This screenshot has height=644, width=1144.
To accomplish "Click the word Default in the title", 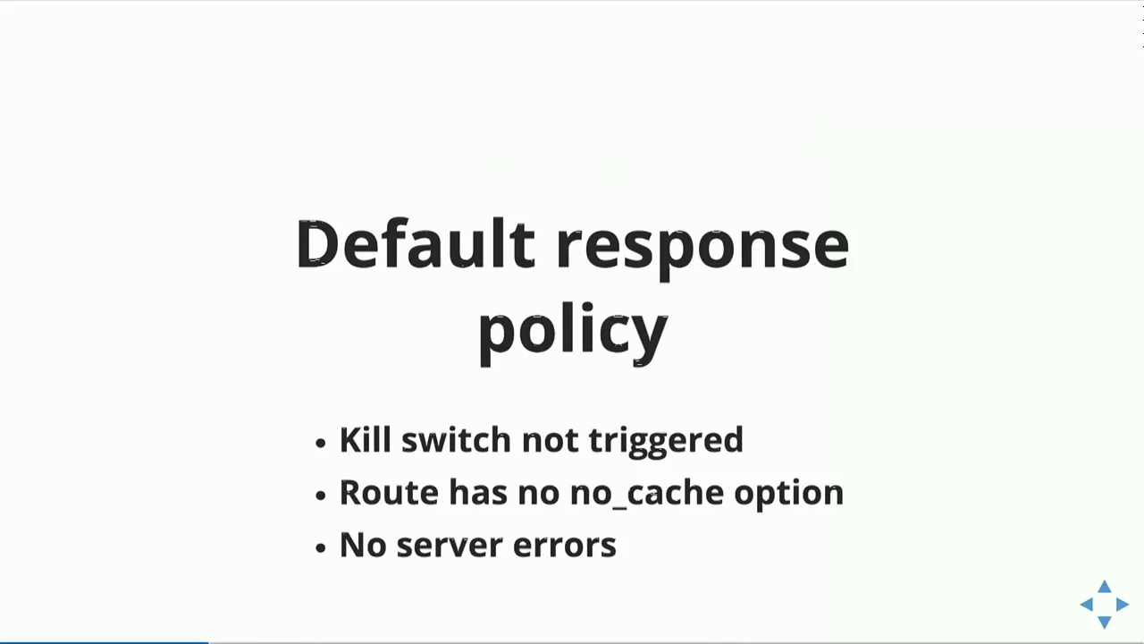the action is coord(416,243).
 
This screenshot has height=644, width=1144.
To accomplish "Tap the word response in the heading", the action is coord(702,250).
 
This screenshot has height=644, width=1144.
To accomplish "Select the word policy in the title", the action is coord(573,334).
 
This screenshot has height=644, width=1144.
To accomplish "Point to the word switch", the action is coord(456,439).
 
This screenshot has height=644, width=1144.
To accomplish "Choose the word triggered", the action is coord(666,442).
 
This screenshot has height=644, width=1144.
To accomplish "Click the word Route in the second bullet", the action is coord(389,492).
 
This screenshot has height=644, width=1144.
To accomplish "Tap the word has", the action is coord(478,492).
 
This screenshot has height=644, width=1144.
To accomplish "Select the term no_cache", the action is coord(646,493).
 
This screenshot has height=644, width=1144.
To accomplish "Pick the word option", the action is coord(789,495).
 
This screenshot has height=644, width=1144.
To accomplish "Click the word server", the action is coord(450,546).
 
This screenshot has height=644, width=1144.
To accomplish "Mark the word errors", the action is coord(565,546).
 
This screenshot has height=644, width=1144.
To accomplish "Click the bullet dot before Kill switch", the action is coord(320,443).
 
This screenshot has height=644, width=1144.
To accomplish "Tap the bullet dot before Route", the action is coord(320,495).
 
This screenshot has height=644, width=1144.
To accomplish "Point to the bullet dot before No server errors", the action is coord(320,548).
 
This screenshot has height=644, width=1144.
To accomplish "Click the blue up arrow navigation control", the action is coord(1105,587).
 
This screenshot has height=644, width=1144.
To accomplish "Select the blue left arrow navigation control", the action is coord(1086,605).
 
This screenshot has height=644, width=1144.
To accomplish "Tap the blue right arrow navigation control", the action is coord(1122,605).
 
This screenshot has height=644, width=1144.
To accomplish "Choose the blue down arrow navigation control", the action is coord(1105,622).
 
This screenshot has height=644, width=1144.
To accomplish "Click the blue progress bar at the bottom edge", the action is coord(105,642).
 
